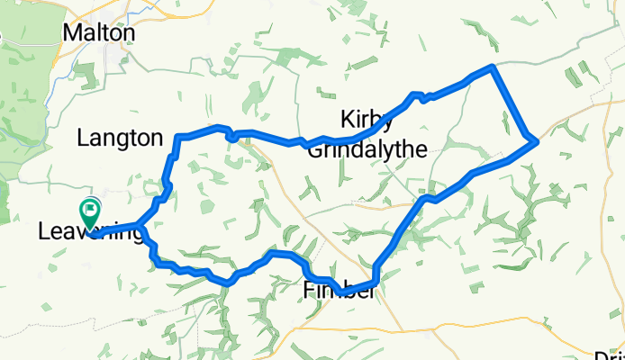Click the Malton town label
click(x=99, y=32)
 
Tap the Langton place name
click(x=120, y=139)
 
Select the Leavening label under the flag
click(x=90, y=232)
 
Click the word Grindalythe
click(x=366, y=150)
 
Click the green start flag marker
click(x=90, y=212)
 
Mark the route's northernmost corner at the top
click(x=493, y=67)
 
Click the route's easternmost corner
click(x=536, y=140)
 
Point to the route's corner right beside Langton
click(x=178, y=137)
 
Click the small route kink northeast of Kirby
click(x=417, y=95)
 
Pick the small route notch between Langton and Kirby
click(x=231, y=137)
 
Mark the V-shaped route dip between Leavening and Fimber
click(x=230, y=282)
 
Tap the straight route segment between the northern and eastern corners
click(x=514, y=104)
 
